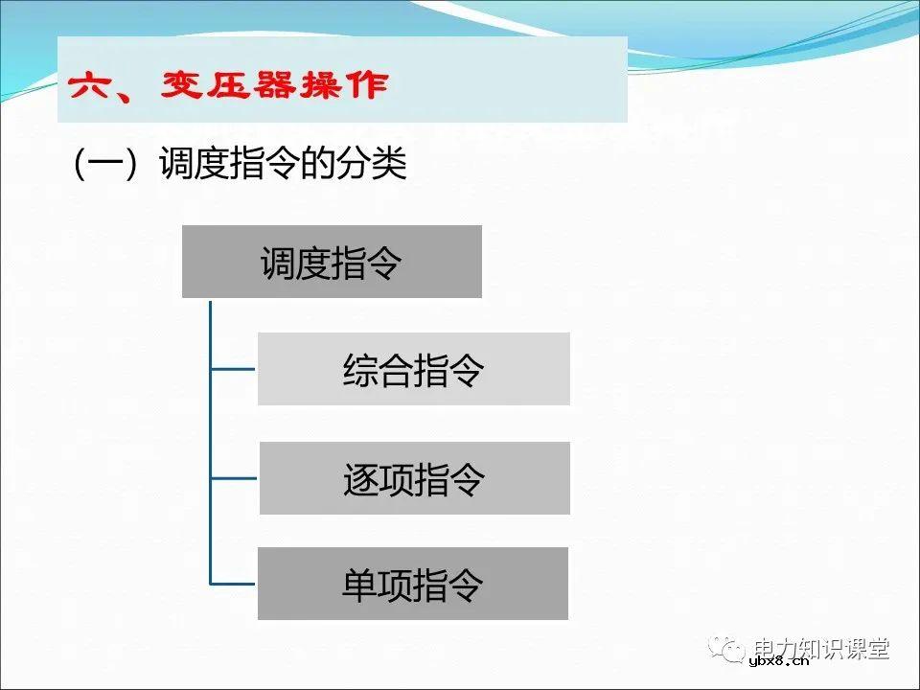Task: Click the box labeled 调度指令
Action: (x=332, y=262)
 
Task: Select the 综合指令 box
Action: (x=413, y=369)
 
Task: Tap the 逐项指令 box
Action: (x=414, y=478)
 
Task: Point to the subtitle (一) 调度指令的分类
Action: (x=240, y=164)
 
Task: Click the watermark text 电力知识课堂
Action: (x=821, y=648)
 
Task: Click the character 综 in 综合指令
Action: (x=359, y=370)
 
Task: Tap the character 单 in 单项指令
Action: (x=359, y=585)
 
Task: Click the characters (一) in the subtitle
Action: (x=101, y=164)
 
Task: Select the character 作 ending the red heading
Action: (x=368, y=86)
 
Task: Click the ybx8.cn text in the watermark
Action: (x=776, y=659)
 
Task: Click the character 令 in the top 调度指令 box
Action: (x=384, y=263)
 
